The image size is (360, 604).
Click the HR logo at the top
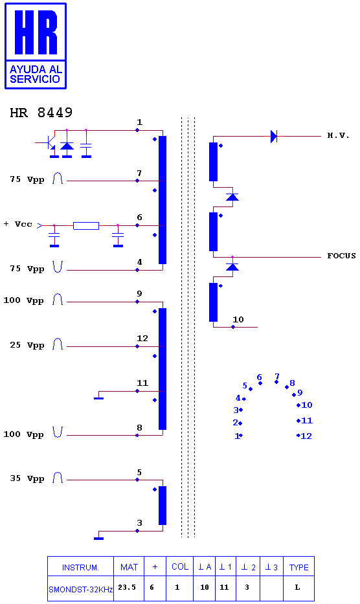point(36,46)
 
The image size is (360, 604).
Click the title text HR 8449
point(41,113)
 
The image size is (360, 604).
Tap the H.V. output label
point(338,135)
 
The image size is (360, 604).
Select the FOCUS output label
point(341,256)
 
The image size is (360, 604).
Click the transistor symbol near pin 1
point(48,145)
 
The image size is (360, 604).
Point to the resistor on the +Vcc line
point(86,226)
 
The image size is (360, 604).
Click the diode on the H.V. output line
point(274,137)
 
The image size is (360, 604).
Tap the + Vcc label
point(18,224)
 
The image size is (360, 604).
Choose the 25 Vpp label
point(27,345)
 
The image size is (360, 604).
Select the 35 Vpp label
point(27,478)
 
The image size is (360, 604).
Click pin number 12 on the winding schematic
point(142,338)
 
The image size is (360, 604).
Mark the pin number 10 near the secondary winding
point(238,319)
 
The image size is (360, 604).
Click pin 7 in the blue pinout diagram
point(276,377)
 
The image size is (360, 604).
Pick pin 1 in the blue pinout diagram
point(237,436)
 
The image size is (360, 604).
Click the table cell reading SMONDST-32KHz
point(80,589)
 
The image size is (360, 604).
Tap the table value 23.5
point(127,587)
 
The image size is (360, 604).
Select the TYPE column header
point(298,567)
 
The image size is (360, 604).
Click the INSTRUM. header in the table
point(80,567)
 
